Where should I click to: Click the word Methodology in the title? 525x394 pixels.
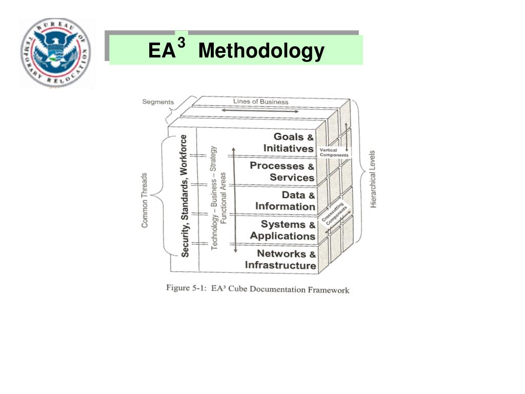[261, 51]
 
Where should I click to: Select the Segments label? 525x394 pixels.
[158, 102]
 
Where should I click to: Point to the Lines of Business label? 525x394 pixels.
[260, 102]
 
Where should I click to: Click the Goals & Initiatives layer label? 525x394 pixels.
[289, 143]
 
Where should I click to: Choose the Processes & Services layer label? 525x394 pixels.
[282, 172]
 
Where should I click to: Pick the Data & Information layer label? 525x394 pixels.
[286, 201]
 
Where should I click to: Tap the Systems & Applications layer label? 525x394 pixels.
[283, 230]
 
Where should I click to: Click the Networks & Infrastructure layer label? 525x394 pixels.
[280, 260]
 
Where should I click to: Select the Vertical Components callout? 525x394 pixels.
[334, 152]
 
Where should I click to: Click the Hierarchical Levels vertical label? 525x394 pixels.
[373, 179]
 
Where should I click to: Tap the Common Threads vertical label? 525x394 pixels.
[145, 200]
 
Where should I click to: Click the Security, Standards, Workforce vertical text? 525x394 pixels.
[185, 195]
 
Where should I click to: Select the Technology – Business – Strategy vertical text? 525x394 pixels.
[215, 198]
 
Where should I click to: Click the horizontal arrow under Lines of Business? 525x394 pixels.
[260, 110]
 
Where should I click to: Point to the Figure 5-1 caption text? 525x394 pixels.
[257, 289]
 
